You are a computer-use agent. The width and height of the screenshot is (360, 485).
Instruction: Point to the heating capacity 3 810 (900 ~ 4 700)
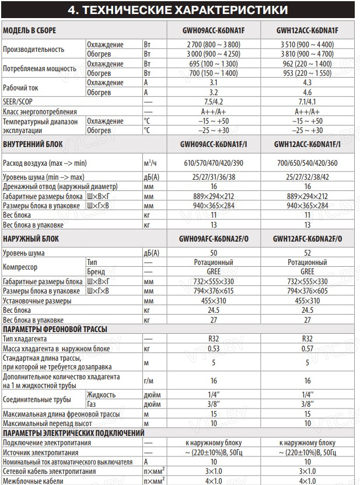pos(307,53)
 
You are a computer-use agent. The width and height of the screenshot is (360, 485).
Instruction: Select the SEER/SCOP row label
pos(17,102)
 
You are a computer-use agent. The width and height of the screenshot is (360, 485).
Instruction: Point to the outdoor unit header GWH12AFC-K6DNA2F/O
pos(307,239)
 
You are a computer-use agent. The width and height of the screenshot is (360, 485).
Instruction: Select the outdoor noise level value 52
pos(307,253)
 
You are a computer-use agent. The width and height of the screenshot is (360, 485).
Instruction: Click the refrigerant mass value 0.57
pos(307,348)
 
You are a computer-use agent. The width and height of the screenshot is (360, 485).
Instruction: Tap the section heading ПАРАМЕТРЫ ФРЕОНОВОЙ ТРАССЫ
pos(55,329)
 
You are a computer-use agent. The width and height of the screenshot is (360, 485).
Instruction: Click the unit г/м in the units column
pos(148,381)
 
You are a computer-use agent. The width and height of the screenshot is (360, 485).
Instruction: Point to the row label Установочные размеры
pos(37,301)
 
